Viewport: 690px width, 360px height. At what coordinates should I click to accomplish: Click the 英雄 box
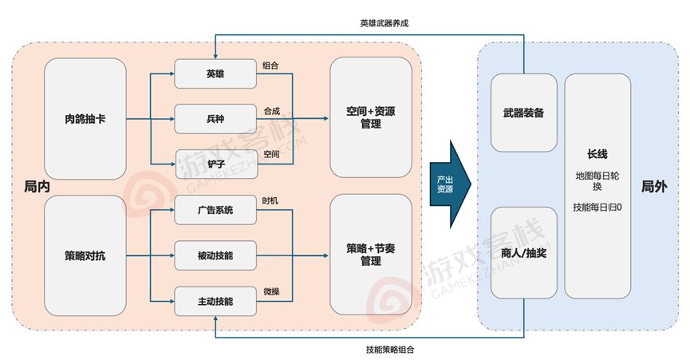coord(215,74)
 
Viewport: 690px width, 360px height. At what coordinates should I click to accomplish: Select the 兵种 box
coord(215,119)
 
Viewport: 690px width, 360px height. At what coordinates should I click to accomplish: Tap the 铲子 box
coord(216,164)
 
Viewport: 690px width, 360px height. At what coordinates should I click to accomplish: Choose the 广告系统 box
coord(215,210)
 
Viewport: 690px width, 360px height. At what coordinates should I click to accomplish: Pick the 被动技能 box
coord(215,255)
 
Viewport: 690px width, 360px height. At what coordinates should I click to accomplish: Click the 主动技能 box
coord(215,302)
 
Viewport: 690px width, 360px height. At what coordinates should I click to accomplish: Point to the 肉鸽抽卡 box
coord(85,119)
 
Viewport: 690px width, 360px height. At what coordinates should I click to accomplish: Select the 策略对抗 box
coord(85,255)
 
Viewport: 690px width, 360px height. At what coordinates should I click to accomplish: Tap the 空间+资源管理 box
coord(371,117)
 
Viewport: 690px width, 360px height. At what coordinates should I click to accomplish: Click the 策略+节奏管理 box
coord(371,255)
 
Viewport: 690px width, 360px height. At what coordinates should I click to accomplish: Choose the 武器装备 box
coord(523,113)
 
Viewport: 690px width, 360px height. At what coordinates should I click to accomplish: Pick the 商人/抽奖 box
coord(523,252)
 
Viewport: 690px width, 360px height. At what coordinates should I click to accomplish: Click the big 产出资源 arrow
coord(450,184)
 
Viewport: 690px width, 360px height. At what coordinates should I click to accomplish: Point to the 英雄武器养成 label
coord(384,23)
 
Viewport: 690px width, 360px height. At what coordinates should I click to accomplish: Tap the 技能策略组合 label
coord(390,350)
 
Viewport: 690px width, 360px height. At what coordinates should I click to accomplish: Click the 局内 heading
coord(37,187)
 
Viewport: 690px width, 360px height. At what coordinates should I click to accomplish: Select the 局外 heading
coord(654,187)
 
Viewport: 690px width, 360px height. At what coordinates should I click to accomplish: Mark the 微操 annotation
coord(271,291)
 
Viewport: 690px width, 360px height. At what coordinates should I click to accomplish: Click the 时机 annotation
coord(270,200)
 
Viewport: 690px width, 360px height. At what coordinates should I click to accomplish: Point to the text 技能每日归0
coord(597,208)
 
